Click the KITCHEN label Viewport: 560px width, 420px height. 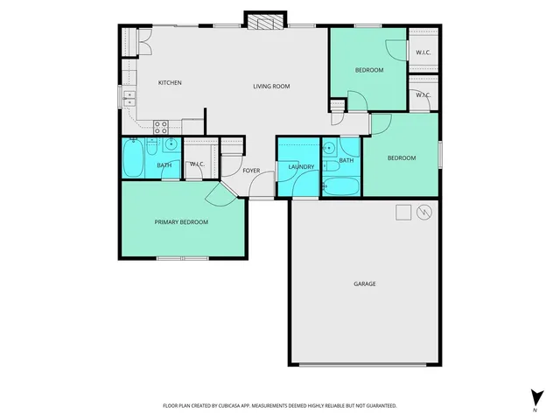coord(170,83)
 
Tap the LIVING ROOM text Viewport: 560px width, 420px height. coord(271,87)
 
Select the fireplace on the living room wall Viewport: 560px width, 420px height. coord(264,22)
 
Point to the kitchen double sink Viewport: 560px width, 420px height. coord(130,96)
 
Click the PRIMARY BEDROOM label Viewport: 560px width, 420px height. coord(181,222)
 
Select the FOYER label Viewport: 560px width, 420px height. coord(251,171)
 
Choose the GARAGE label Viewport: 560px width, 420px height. coord(365,283)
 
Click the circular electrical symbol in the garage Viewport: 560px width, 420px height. coord(424,212)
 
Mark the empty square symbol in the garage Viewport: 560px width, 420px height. coord(403,212)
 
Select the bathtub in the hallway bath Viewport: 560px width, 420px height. coord(340,185)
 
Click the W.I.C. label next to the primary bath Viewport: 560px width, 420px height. coord(197,164)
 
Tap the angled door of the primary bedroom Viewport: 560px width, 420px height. coord(223,192)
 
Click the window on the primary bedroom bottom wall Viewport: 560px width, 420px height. coord(182,259)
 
